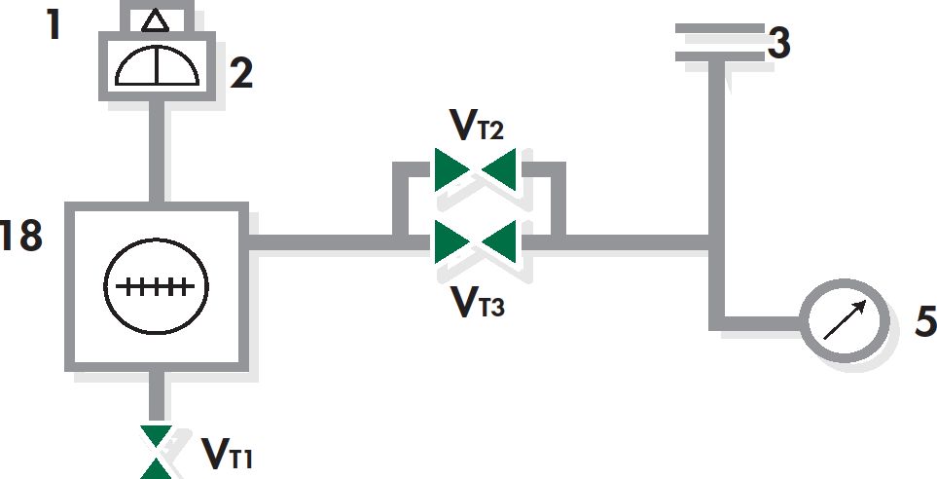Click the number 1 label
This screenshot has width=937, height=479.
point(54,25)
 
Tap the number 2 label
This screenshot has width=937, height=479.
point(241,74)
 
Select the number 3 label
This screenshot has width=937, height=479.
point(778,44)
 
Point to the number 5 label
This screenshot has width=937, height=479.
point(925,322)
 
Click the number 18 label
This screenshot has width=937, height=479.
point(21,236)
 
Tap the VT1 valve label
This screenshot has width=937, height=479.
point(227,454)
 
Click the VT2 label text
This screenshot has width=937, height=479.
point(477,126)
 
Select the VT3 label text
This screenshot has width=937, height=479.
point(477,302)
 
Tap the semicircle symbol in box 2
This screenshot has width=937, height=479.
point(157,65)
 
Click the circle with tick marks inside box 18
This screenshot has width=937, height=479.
point(156,286)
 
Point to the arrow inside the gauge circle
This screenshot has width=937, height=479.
point(845,319)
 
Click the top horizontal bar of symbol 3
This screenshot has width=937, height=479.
point(720,28)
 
